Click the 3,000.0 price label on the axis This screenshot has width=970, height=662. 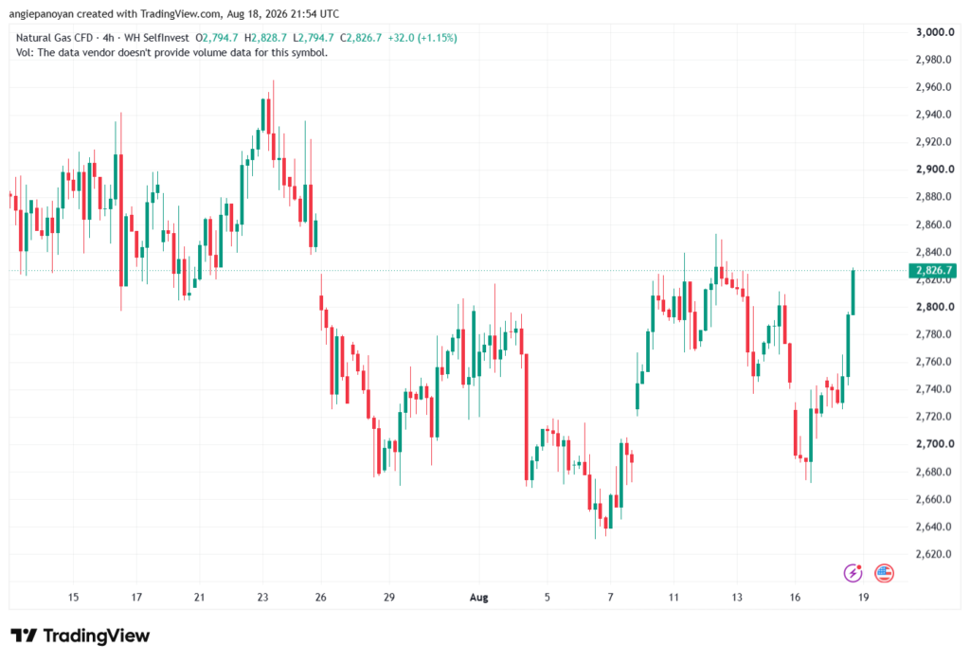(x=935, y=32)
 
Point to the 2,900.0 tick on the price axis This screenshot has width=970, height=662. (x=935, y=170)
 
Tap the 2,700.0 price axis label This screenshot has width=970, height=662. (x=935, y=444)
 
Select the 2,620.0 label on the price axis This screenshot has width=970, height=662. (x=933, y=554)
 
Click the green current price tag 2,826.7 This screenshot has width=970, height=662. (x=933, y=270)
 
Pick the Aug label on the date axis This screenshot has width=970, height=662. (x=478, y=598)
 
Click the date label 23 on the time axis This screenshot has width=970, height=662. (x=263, y=598)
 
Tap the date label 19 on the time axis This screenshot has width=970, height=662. (x=864, y=598)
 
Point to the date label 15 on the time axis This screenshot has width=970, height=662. (x=73, y=598)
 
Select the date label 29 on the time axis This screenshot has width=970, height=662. (x=389, y=598)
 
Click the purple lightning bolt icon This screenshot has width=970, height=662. (x=853, y=573)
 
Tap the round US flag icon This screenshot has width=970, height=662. (x=884, y=573)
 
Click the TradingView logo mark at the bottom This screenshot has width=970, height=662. (x=24, y=635)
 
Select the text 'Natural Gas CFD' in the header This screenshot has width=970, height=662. (x=54, y=38)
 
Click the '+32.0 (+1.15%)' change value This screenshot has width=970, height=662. (x=422, y=38)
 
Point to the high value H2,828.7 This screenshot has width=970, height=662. (x=265, y=38)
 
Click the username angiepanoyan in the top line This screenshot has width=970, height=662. (x=41, y=13)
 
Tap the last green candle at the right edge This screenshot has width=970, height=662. (x=853, y=292)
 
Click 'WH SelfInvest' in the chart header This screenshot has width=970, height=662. (x=156, y=38)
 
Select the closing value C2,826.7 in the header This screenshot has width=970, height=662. (x=361, y=38)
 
